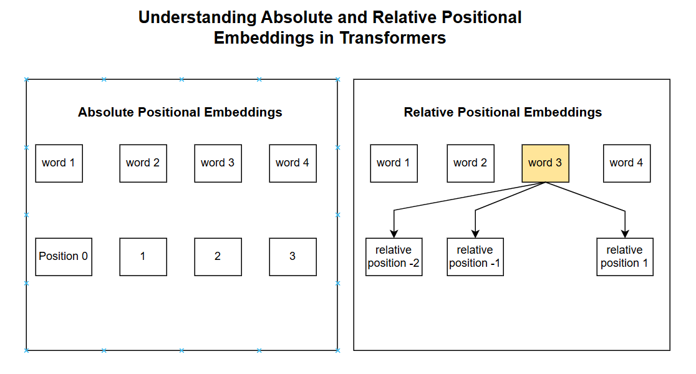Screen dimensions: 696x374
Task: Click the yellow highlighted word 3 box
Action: click(x=545, y=163)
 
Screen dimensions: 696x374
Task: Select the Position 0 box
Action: click(x=64, y=257)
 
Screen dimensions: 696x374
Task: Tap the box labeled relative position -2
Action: click(x=394, y=257)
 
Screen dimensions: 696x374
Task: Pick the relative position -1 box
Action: click(x=475, y=257)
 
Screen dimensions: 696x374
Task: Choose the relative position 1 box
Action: click(x=624, y=257)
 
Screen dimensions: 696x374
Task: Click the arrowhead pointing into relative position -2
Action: click(x=394, y=234)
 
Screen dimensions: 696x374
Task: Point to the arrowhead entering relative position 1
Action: click(x=625, y=234)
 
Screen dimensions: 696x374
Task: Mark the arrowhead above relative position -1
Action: click(x=475, y=234)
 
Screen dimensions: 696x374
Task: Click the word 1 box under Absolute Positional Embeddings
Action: click(x=59, y=163)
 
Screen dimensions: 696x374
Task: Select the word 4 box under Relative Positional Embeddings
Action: click(x=627, y=163)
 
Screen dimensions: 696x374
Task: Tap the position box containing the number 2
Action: click(x=218, y=257)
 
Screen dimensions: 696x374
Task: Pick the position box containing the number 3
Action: click(x=293, y=257)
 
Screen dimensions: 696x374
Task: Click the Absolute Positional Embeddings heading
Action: click(x=180, y=112)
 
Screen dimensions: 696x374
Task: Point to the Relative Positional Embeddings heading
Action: click(x=503, y=112)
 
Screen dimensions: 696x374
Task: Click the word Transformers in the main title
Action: click(x=393, y=37)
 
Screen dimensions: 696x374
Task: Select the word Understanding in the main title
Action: click(x=198, y=17)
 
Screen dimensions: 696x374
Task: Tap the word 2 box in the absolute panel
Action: click(x=143, y=163)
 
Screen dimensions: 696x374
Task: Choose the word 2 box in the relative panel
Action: click(x=470, y=163)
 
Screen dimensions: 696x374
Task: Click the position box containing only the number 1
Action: click(x=143, y=257)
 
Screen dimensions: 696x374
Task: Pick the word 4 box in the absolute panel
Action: click(x=293, y=163)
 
